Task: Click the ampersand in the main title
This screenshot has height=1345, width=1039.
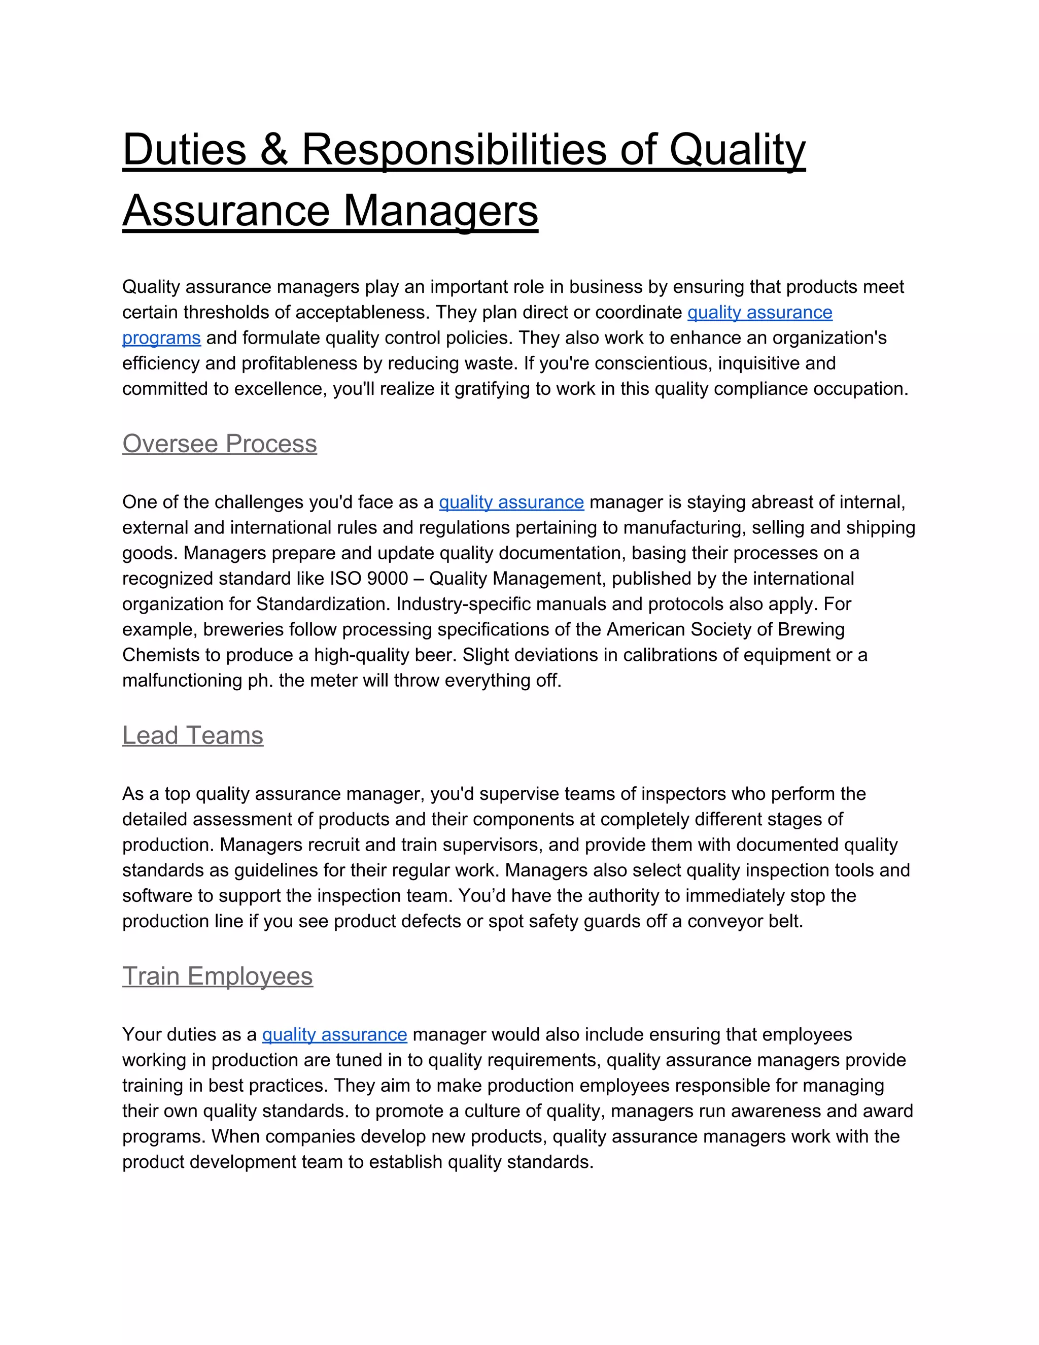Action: (273, 150)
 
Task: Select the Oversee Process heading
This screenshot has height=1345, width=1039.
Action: (219, 444)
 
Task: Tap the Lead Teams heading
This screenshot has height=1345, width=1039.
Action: (193, 735)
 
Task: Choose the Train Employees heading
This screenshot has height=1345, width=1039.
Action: (217, 976)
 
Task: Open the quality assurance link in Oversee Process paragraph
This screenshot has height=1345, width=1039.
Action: (511, 502)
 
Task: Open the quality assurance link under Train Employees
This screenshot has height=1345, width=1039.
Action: (334, 1034)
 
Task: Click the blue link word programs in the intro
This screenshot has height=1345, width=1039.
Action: (161, 338)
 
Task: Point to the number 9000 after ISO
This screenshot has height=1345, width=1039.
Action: (387, 578)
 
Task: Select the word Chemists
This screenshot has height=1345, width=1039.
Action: (159, 655)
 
